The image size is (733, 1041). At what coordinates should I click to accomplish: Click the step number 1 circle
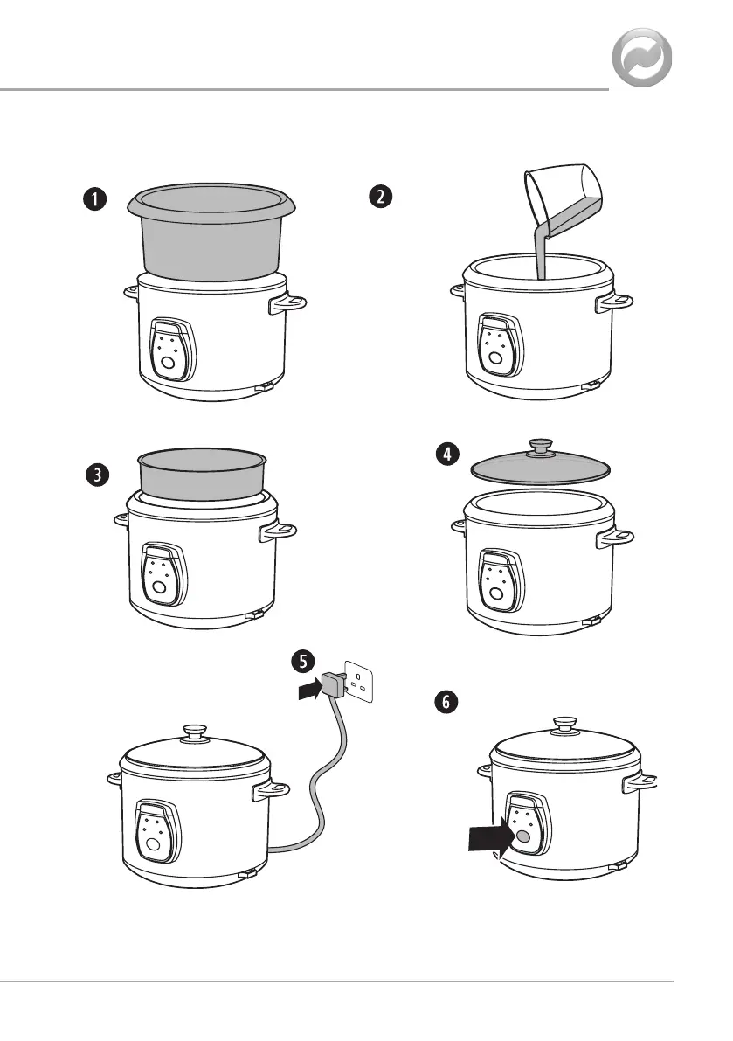[95, 199]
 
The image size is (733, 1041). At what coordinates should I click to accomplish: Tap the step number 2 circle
[380, 197]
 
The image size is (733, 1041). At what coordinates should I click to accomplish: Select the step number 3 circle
[98, 475]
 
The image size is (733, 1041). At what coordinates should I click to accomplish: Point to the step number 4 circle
[448, 455]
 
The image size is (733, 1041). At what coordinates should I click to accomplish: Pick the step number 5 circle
[303, 662]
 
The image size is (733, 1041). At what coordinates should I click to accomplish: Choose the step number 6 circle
[446, 702]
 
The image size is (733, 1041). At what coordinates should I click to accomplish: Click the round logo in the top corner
[641, 58]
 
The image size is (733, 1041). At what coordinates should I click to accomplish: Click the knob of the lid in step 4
[542, 446]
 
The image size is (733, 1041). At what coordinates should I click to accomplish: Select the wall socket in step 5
[359, 681]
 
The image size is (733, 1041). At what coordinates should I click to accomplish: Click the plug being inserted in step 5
[334, 684]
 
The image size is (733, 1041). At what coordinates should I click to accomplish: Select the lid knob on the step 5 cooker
[195, 732]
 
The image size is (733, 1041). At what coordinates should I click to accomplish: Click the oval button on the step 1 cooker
[169, 363]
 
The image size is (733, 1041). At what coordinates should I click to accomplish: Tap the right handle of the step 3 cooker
[278, 531]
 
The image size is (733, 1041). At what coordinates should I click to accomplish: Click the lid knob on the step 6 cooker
[565, 725]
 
